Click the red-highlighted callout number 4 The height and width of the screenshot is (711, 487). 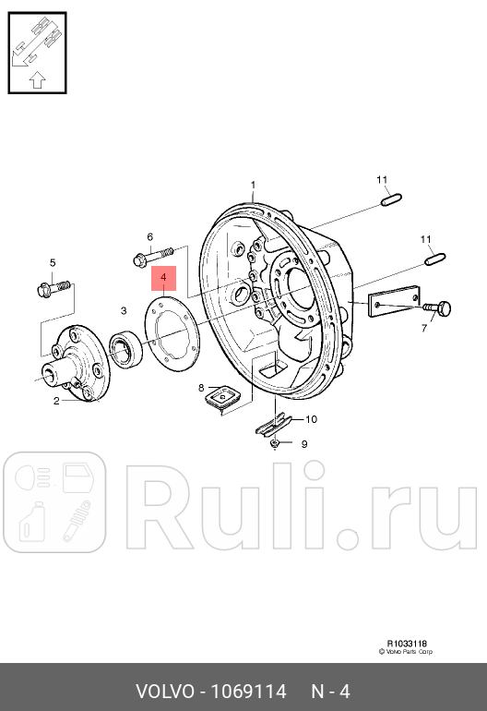pyautogui.click(x=163, y=277)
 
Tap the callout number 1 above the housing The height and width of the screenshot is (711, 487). pyautogui.click(x=253, y=185)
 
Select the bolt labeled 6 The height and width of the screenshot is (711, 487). pyautogui.click(x=154, y=255)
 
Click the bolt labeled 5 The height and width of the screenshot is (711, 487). pyautogui.click(x=53, y=288)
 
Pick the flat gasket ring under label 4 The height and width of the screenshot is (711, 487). pyautogui.click(x=172, y=332)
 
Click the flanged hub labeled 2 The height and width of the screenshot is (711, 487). pyautogui.click(x=76, y=364)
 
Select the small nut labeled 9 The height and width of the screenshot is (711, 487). pyautogui.click(x=274, y=443)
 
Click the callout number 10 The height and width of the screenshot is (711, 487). pyautogui.click(x=311, y=419)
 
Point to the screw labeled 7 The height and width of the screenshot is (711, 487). pyautogui.click(x=437, y=308)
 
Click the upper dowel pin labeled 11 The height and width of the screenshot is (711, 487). pyautogui.click(x=391, y=199)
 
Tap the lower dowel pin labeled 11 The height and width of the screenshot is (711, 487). pyautogui.click(x=435, y=259)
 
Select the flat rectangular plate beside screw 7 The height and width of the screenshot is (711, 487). pyautogui.click(x=394, y=301)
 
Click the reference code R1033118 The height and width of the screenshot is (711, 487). pyautogui.click(x=407, y=643)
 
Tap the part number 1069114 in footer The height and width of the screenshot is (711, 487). pyautogui.click(x=249, y=692)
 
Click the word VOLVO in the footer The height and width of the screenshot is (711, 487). pyautogui.click(x=165, y=692)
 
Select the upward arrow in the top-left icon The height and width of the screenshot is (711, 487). pyautogui.click(x=37, y=79)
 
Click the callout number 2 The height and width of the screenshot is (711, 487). pyautogui.click(x=56, y=401)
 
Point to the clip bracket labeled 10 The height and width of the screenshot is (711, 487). pyautogui.click(x=273, y=425)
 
